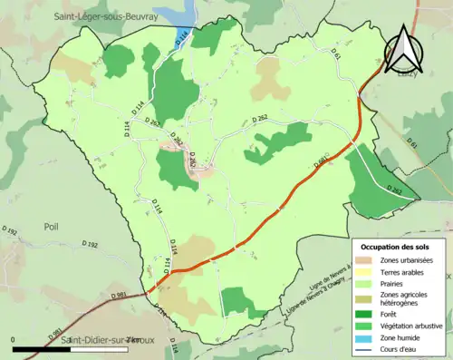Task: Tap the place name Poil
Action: point(51,228)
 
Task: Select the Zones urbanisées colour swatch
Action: point(368,259)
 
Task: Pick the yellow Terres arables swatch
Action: point(368,271)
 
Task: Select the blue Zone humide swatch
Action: point(368,336)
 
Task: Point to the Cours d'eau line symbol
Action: point(368,347)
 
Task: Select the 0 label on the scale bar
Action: point(14,339)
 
